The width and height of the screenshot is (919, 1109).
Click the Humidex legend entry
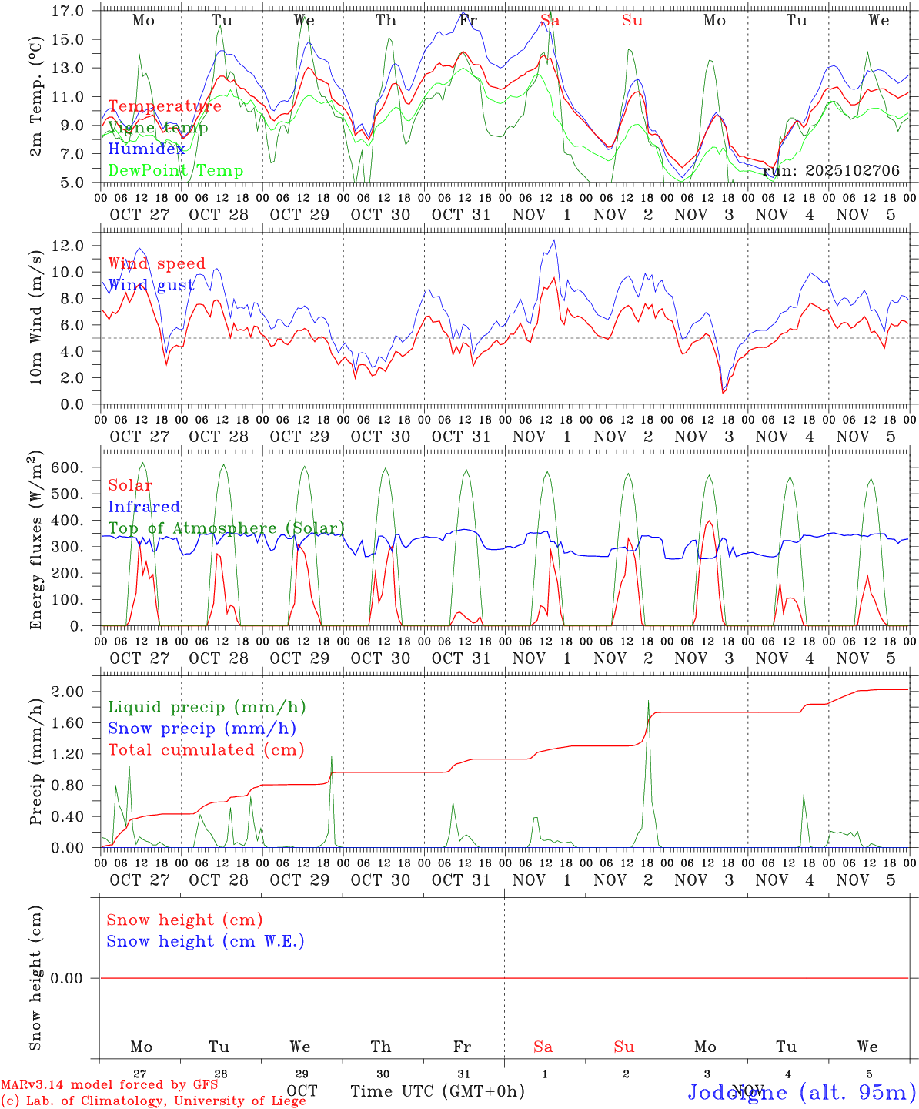pos(147,149)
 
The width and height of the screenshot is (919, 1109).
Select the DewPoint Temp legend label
pos(175,171)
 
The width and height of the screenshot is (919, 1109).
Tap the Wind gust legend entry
pos(151,285)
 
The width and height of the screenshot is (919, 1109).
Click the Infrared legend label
pos(144,507)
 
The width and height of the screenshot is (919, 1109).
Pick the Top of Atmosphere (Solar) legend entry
pos(226,528)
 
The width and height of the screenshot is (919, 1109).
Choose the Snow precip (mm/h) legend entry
pos(202,729)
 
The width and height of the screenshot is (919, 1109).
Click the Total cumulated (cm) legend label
pos(206,750)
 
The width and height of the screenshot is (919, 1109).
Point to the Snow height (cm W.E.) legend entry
pos(205,941)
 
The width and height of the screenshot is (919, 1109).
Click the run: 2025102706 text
pos(830,170)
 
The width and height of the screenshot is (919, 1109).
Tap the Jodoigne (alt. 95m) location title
pos(801,1092)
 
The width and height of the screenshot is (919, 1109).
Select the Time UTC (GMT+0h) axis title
pos(437,1091)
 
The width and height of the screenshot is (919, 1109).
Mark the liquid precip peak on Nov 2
pos(648,700)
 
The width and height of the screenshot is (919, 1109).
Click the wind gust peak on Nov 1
pos(553,240)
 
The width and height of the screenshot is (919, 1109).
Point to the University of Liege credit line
pos(154,1101)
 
